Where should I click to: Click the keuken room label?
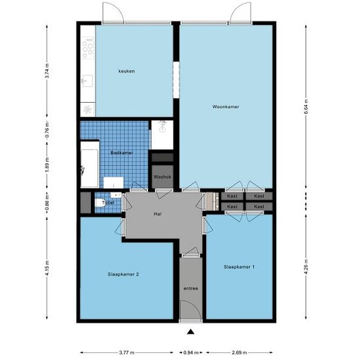126,71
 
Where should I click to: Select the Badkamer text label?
122,153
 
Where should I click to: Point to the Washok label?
162,177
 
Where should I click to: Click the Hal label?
158,214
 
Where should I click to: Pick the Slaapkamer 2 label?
122,274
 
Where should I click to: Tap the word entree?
190,288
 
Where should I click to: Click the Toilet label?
109,203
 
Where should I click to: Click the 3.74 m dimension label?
47,70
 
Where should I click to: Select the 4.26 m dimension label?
307,268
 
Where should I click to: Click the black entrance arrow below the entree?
190,331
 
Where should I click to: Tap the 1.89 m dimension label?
47,163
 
